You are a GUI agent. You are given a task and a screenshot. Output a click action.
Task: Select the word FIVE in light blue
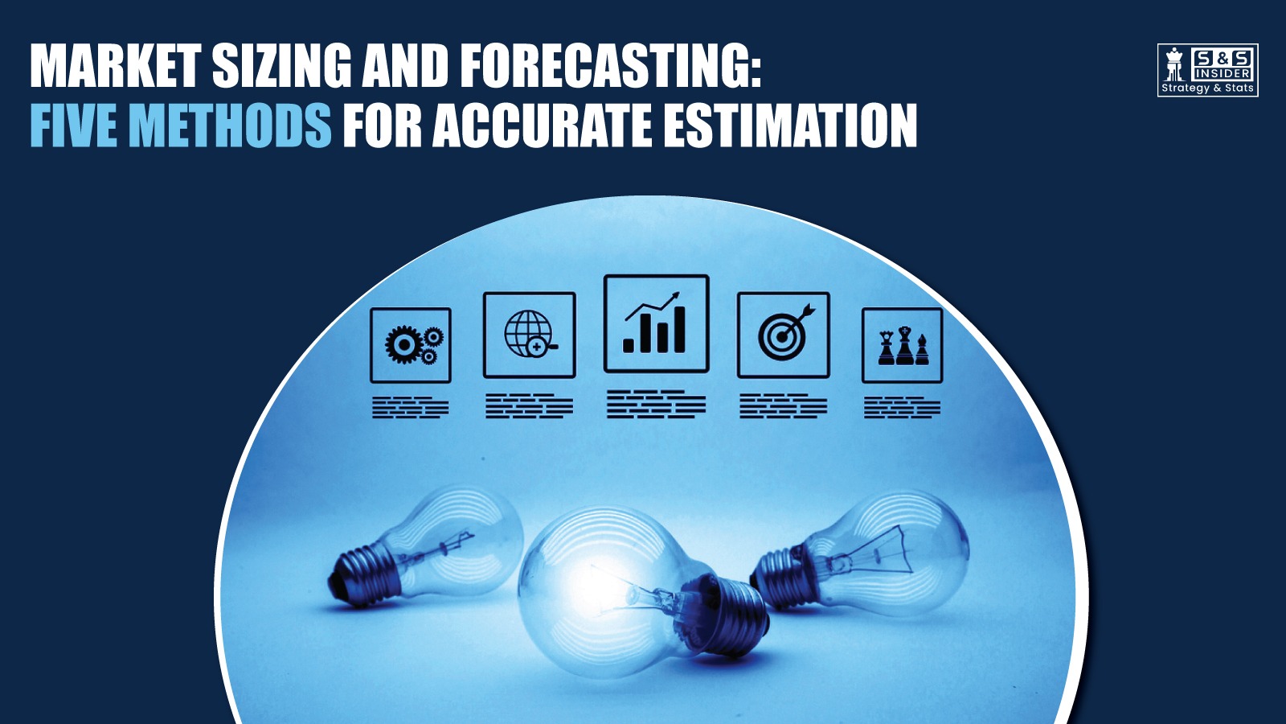click(74, 126)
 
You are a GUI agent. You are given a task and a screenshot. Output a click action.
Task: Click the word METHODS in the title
click(230, 126)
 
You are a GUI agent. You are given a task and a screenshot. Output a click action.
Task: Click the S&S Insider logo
click(1207, 70)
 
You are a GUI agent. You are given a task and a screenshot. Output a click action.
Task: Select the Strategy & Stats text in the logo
click(1207, 88)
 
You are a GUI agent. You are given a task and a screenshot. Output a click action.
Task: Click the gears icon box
click(411, 345)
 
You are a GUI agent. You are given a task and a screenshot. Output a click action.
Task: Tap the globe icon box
click(529, 335)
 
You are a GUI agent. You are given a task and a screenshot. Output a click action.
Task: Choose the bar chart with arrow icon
click(656, 324)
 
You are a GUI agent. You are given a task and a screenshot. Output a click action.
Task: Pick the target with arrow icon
click(783, 335)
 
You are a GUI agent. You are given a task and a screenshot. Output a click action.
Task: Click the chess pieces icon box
click(902, 345)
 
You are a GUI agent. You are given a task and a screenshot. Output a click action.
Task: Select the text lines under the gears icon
click(411, 407)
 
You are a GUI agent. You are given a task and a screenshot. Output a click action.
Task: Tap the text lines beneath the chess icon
click(902, 407)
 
